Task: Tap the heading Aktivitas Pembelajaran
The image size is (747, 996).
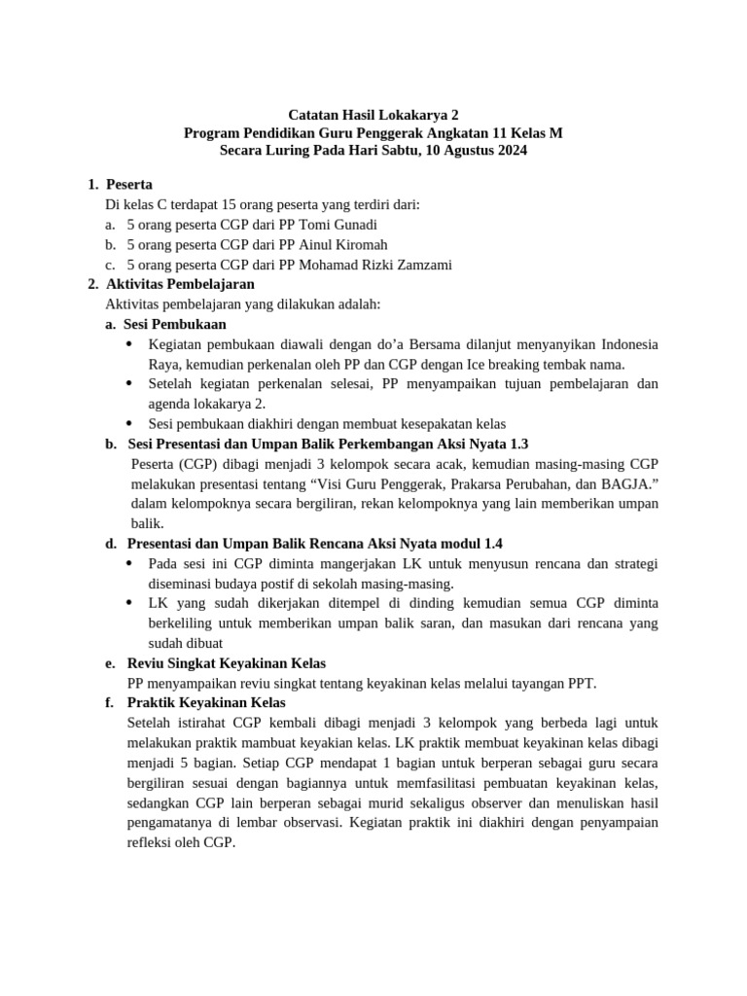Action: (180, 284)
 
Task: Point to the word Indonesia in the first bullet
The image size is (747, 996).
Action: (628, 344)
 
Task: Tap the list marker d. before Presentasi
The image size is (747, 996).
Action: (111, 544)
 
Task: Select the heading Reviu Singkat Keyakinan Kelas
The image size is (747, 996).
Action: (227, 663)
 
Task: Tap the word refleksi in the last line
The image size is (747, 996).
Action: (154, 842)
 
